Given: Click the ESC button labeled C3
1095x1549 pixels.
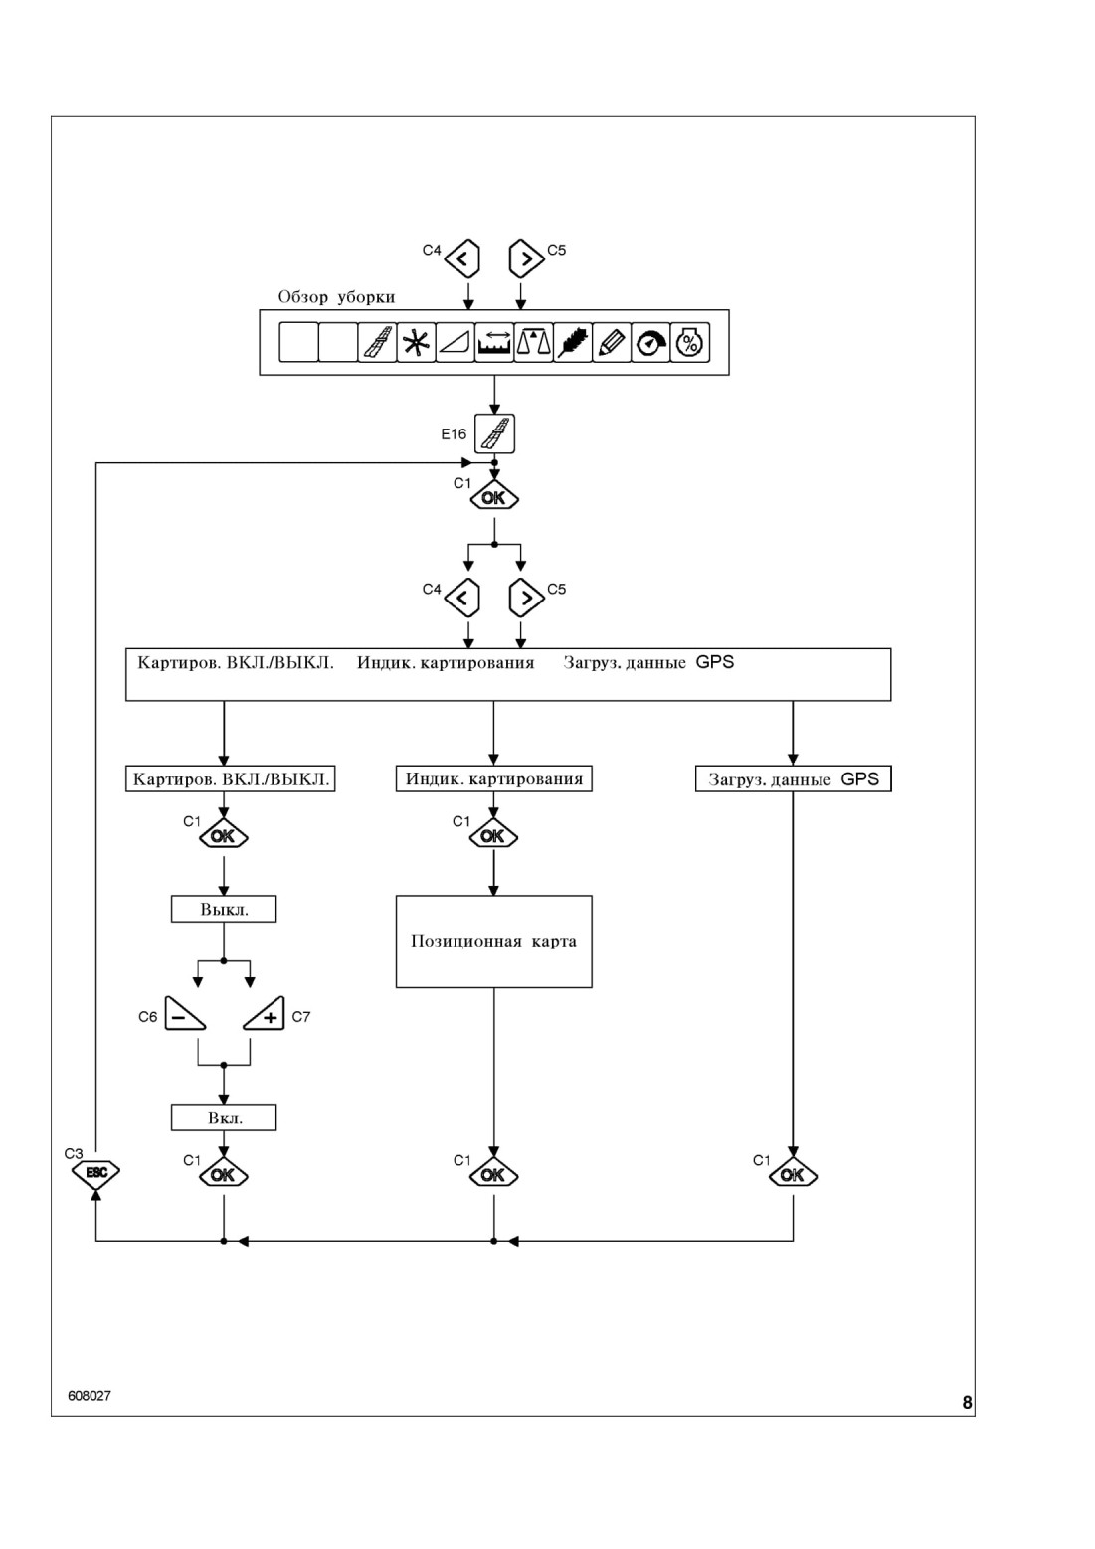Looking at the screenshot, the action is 96,1172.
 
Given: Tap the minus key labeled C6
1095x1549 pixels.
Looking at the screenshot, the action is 185,1014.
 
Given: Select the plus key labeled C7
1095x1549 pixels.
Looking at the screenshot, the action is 265,1014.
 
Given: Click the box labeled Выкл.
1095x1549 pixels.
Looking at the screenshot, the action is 224,909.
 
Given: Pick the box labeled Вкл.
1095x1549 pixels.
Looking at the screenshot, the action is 224,1117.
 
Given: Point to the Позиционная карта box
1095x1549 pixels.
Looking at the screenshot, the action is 494,942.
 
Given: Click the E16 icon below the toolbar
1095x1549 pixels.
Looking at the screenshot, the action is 494,433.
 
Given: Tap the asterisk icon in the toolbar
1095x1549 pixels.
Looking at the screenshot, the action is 416,342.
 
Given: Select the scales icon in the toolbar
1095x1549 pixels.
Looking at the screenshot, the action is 533,342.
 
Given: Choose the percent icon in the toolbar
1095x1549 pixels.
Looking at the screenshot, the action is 689,342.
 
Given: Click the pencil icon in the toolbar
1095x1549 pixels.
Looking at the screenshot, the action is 612,342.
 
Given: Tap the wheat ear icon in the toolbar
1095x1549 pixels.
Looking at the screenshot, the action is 572,342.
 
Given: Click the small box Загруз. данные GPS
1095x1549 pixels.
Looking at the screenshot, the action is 794,778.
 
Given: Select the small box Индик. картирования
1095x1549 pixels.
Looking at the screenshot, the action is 494,778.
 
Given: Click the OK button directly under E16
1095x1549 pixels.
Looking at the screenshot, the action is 494,496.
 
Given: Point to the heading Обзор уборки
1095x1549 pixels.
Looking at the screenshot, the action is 336,297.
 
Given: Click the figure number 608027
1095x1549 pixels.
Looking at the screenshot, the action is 90,1396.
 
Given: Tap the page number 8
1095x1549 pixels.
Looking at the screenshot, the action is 967,1403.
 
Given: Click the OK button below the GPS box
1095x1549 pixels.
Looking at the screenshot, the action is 793,1175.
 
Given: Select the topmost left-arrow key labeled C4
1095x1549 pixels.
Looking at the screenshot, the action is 462,258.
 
